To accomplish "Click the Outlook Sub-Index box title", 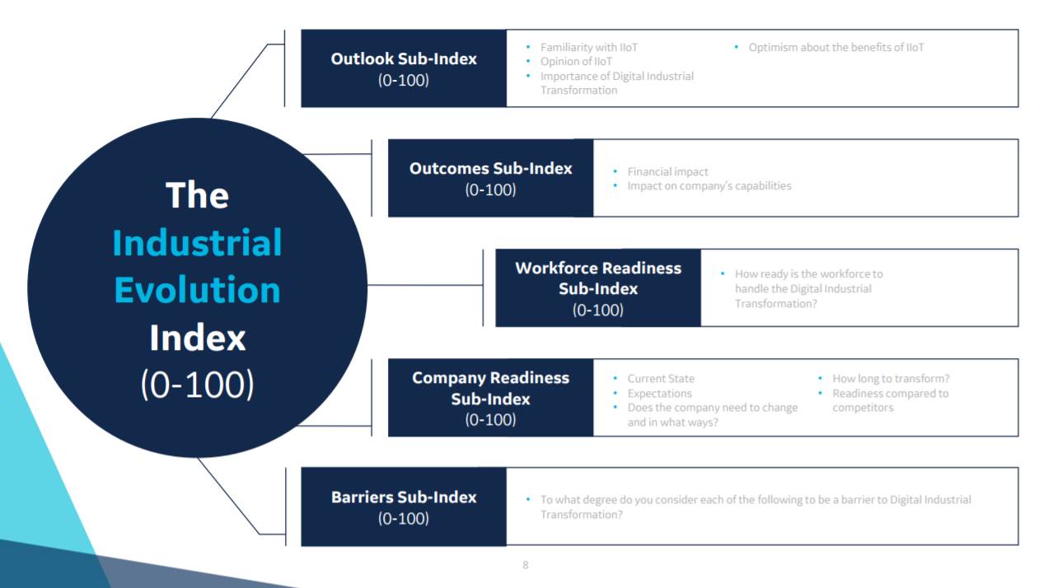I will click(x=404, y=59).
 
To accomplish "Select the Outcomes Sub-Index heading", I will click(x=490, y=168).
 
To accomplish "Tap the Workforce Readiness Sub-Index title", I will click(x=598, y=278).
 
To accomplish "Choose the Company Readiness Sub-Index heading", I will click(x=490, y=388).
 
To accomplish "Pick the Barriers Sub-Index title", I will click(x=404, y=497).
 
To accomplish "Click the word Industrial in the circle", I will click(x=197, y=243).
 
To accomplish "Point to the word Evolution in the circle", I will click(x=197, y=290).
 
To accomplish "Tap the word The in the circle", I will click(x=197, y=195).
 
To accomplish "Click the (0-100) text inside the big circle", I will click(x=197, y=385).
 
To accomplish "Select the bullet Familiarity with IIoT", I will click(x=588, y=48).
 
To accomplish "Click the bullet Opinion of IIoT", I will click(x=576, y=62).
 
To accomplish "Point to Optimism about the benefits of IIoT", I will click(x=836, y=48).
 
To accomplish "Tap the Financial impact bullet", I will click(x=667, y=172).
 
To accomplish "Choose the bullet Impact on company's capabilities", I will click(x=709, y=186).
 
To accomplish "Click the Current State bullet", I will click(x=661, y=379).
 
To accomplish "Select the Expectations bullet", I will click(x=659, y=394).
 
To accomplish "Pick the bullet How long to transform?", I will click(x=891, y=379).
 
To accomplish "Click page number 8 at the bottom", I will click(x=526, y=565).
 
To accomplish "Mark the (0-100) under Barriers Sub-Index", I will click(x=404, y=519).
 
